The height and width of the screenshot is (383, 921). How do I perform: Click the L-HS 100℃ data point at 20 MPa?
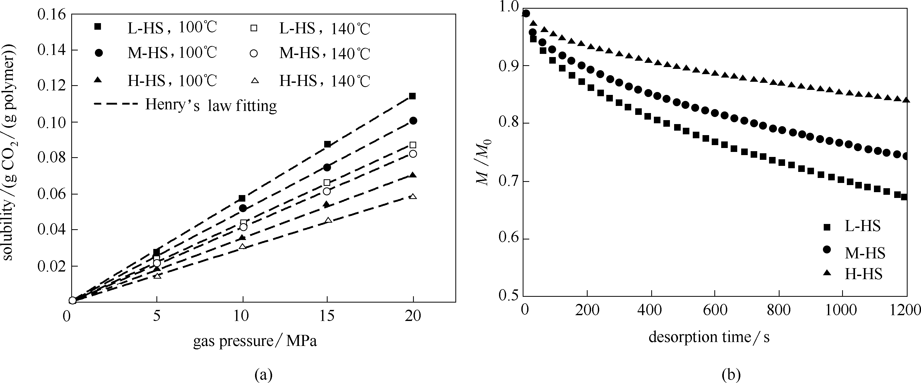click(412, 96)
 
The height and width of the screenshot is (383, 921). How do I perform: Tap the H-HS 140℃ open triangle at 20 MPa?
click(413, 197)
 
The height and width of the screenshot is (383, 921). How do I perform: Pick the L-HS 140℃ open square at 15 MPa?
click(327, 182)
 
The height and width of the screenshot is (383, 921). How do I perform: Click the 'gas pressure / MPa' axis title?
click(255, 341)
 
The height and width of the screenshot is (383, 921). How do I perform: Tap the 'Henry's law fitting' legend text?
click(211, 105)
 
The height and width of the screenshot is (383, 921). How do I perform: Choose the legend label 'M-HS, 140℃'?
click(325, 54)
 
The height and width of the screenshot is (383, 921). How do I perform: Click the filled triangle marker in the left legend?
click(98, 81)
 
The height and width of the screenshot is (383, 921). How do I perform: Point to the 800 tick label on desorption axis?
click(779, 310)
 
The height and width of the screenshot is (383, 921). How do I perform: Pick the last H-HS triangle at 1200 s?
click(906, 100)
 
